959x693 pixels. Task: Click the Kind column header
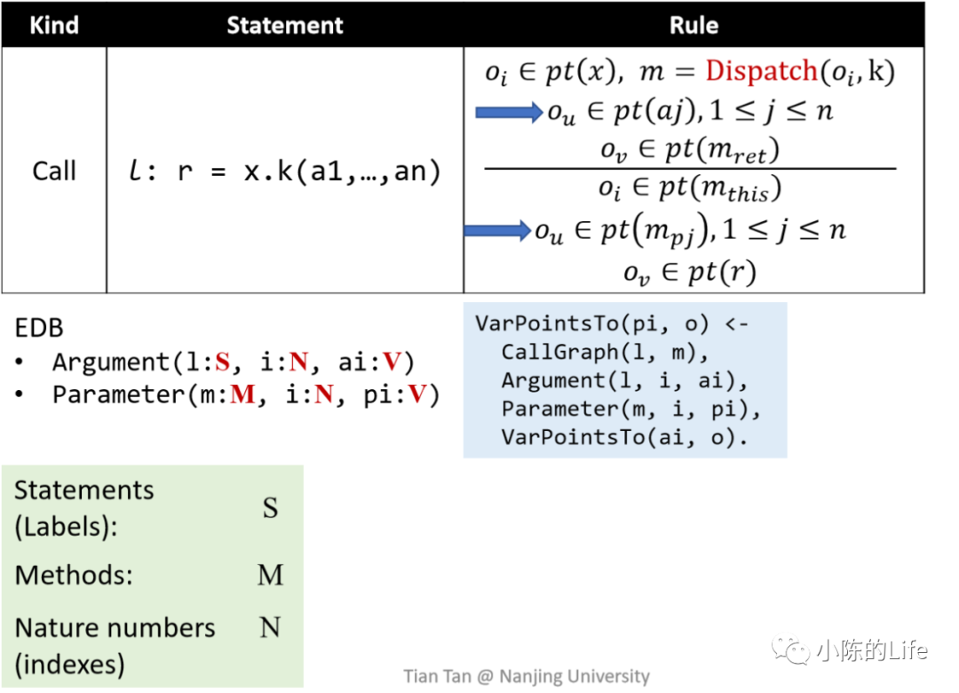click(53, 25)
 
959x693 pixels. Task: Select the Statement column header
click(284, 25)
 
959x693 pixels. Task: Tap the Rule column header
click(693, 25)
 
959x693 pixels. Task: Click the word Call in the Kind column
click(54, 171)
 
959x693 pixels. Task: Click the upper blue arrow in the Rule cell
click(509, 112)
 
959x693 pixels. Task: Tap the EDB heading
click(39, 328)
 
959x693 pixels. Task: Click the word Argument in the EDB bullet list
click(108, 362)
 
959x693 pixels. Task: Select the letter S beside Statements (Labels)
click(270, 508)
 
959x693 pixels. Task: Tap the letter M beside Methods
click(270, 575)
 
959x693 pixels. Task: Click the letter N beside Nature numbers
click(270, 628)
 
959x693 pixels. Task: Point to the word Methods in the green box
click(73, 575)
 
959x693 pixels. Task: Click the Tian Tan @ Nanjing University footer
click(526, 676)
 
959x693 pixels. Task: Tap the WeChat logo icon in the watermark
click(790, 651)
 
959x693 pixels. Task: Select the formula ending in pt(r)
click(689, 274)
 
